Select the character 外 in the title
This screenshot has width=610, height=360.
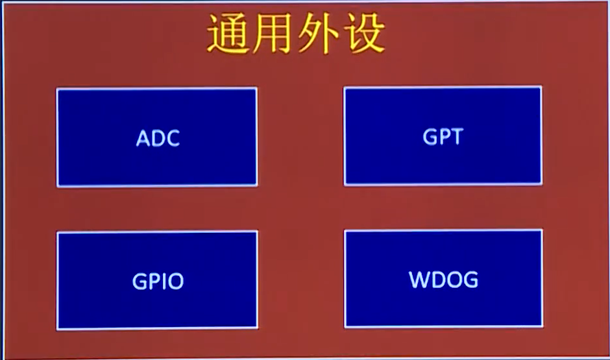[318, 33]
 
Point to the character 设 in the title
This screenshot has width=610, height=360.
[365, 33]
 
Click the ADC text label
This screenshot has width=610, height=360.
[158, 138]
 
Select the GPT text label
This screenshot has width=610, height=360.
[443, 136]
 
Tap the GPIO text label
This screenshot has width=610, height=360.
[158, 281]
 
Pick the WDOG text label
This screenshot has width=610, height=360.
[443, 280]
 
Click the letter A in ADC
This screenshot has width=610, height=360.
[143, 138]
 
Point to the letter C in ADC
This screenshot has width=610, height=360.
[173, 138]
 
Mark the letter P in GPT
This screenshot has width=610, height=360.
[443, 137]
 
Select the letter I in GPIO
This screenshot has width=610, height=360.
[163, 282]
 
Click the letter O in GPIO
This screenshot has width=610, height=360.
[175, 282]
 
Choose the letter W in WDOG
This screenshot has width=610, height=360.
[419, 280]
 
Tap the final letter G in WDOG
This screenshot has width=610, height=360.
[470, 280]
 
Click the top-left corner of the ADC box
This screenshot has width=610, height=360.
[57, 89]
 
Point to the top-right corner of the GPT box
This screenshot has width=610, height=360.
[541, 87]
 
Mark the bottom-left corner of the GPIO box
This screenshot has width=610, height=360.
[57, 330]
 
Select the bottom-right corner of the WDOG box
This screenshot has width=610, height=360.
[543, 327]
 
